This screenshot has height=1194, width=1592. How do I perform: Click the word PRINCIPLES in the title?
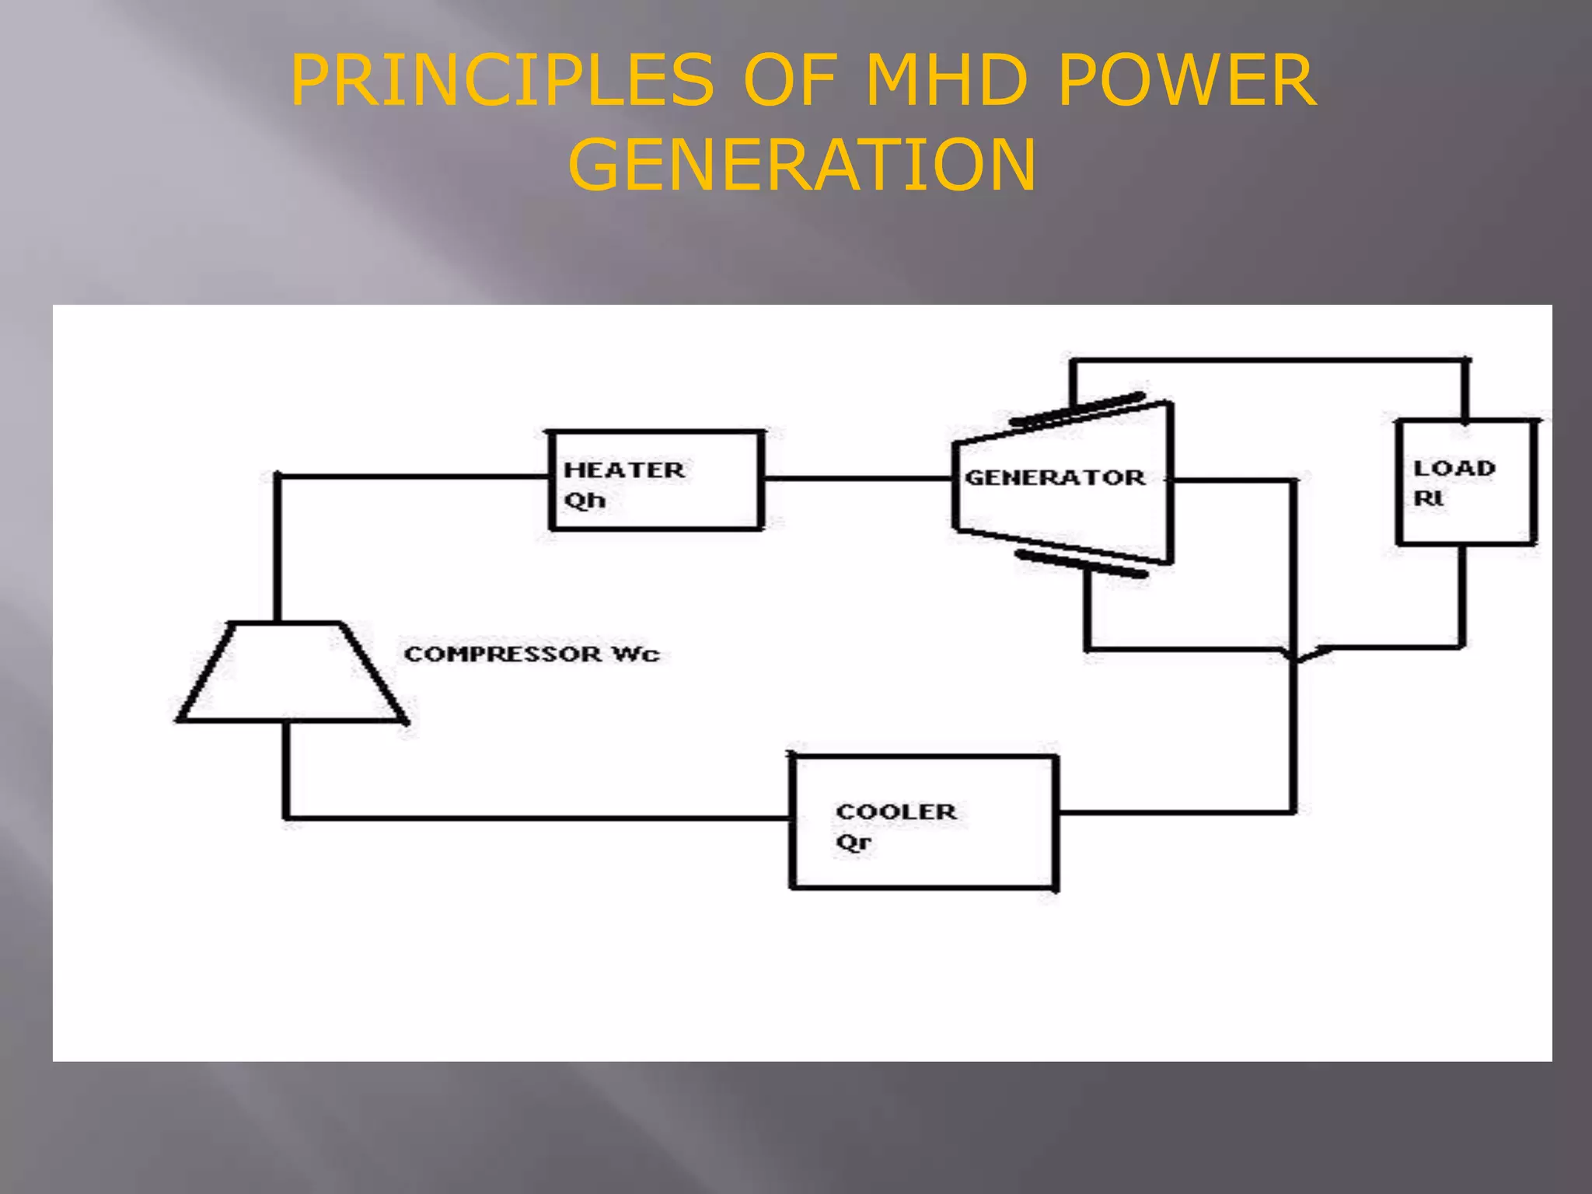[502, 80]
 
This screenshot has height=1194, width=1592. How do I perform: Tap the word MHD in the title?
[946, 80]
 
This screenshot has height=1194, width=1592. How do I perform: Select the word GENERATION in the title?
[802, 165]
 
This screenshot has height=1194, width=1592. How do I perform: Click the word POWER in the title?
[1187, 80]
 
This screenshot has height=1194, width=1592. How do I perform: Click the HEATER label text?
[624, 470]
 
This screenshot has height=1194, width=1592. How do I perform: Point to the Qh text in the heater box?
[585, 500]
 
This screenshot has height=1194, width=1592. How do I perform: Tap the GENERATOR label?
[1055, 477]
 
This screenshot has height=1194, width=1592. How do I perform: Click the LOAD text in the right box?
[1454, 469]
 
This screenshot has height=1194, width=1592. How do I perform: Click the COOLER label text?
[896, 812]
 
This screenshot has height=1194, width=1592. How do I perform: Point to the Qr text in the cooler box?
[854, 842]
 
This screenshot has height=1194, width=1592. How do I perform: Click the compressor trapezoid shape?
[292, 673]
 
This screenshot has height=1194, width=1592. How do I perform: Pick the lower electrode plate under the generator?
[1082, 564]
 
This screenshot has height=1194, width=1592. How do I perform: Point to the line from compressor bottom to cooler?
[536, 818]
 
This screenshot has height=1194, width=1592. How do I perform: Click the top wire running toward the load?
[1267, 361]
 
